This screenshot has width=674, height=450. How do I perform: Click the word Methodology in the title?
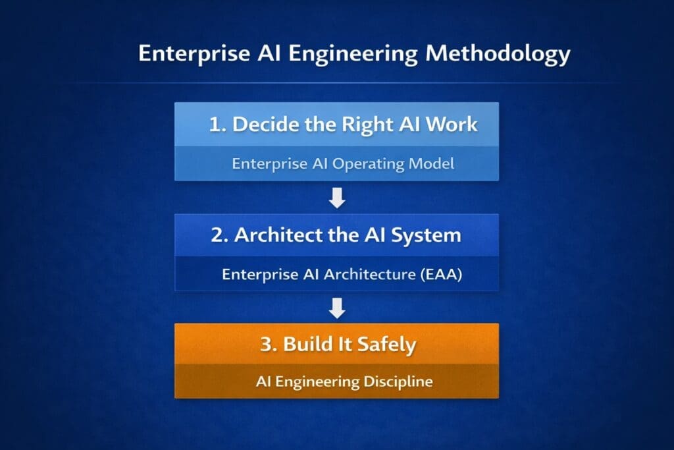point(498,54)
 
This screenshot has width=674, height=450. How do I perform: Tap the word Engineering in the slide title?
point(353,54)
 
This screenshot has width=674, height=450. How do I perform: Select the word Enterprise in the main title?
point(194,54)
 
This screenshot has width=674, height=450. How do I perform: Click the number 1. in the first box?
point(217,125)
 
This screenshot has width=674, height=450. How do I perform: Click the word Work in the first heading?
point(452,125)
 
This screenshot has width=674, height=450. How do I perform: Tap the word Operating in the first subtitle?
point(369,163)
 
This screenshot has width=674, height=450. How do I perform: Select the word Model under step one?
point(431,163)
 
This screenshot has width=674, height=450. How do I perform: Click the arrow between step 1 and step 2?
point(337,198)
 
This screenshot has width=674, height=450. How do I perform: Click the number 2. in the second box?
point(219,235)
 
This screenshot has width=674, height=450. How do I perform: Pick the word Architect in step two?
point(278,235)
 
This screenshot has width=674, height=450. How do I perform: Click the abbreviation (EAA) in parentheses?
point(441,275)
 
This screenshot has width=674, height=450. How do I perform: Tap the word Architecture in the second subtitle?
point(370,275)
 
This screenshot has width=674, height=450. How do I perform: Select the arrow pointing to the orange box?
point(337,308)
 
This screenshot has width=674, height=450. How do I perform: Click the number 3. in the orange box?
point(269,345)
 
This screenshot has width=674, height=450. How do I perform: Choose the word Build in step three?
point(308,344)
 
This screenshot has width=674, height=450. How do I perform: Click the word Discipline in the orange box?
point(398,382)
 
